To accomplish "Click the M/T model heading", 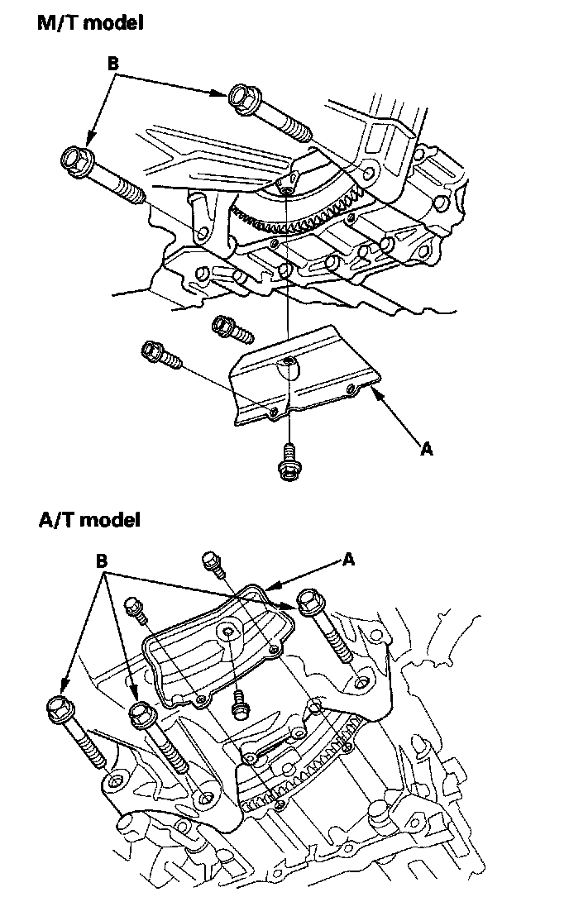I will (x=90, y=23).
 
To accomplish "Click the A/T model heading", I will (x=89, y=520).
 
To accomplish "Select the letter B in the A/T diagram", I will (x=102, y=561).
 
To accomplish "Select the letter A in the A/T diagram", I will (x=348, y=560).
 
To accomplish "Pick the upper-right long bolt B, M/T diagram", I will (x=269, y=111).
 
